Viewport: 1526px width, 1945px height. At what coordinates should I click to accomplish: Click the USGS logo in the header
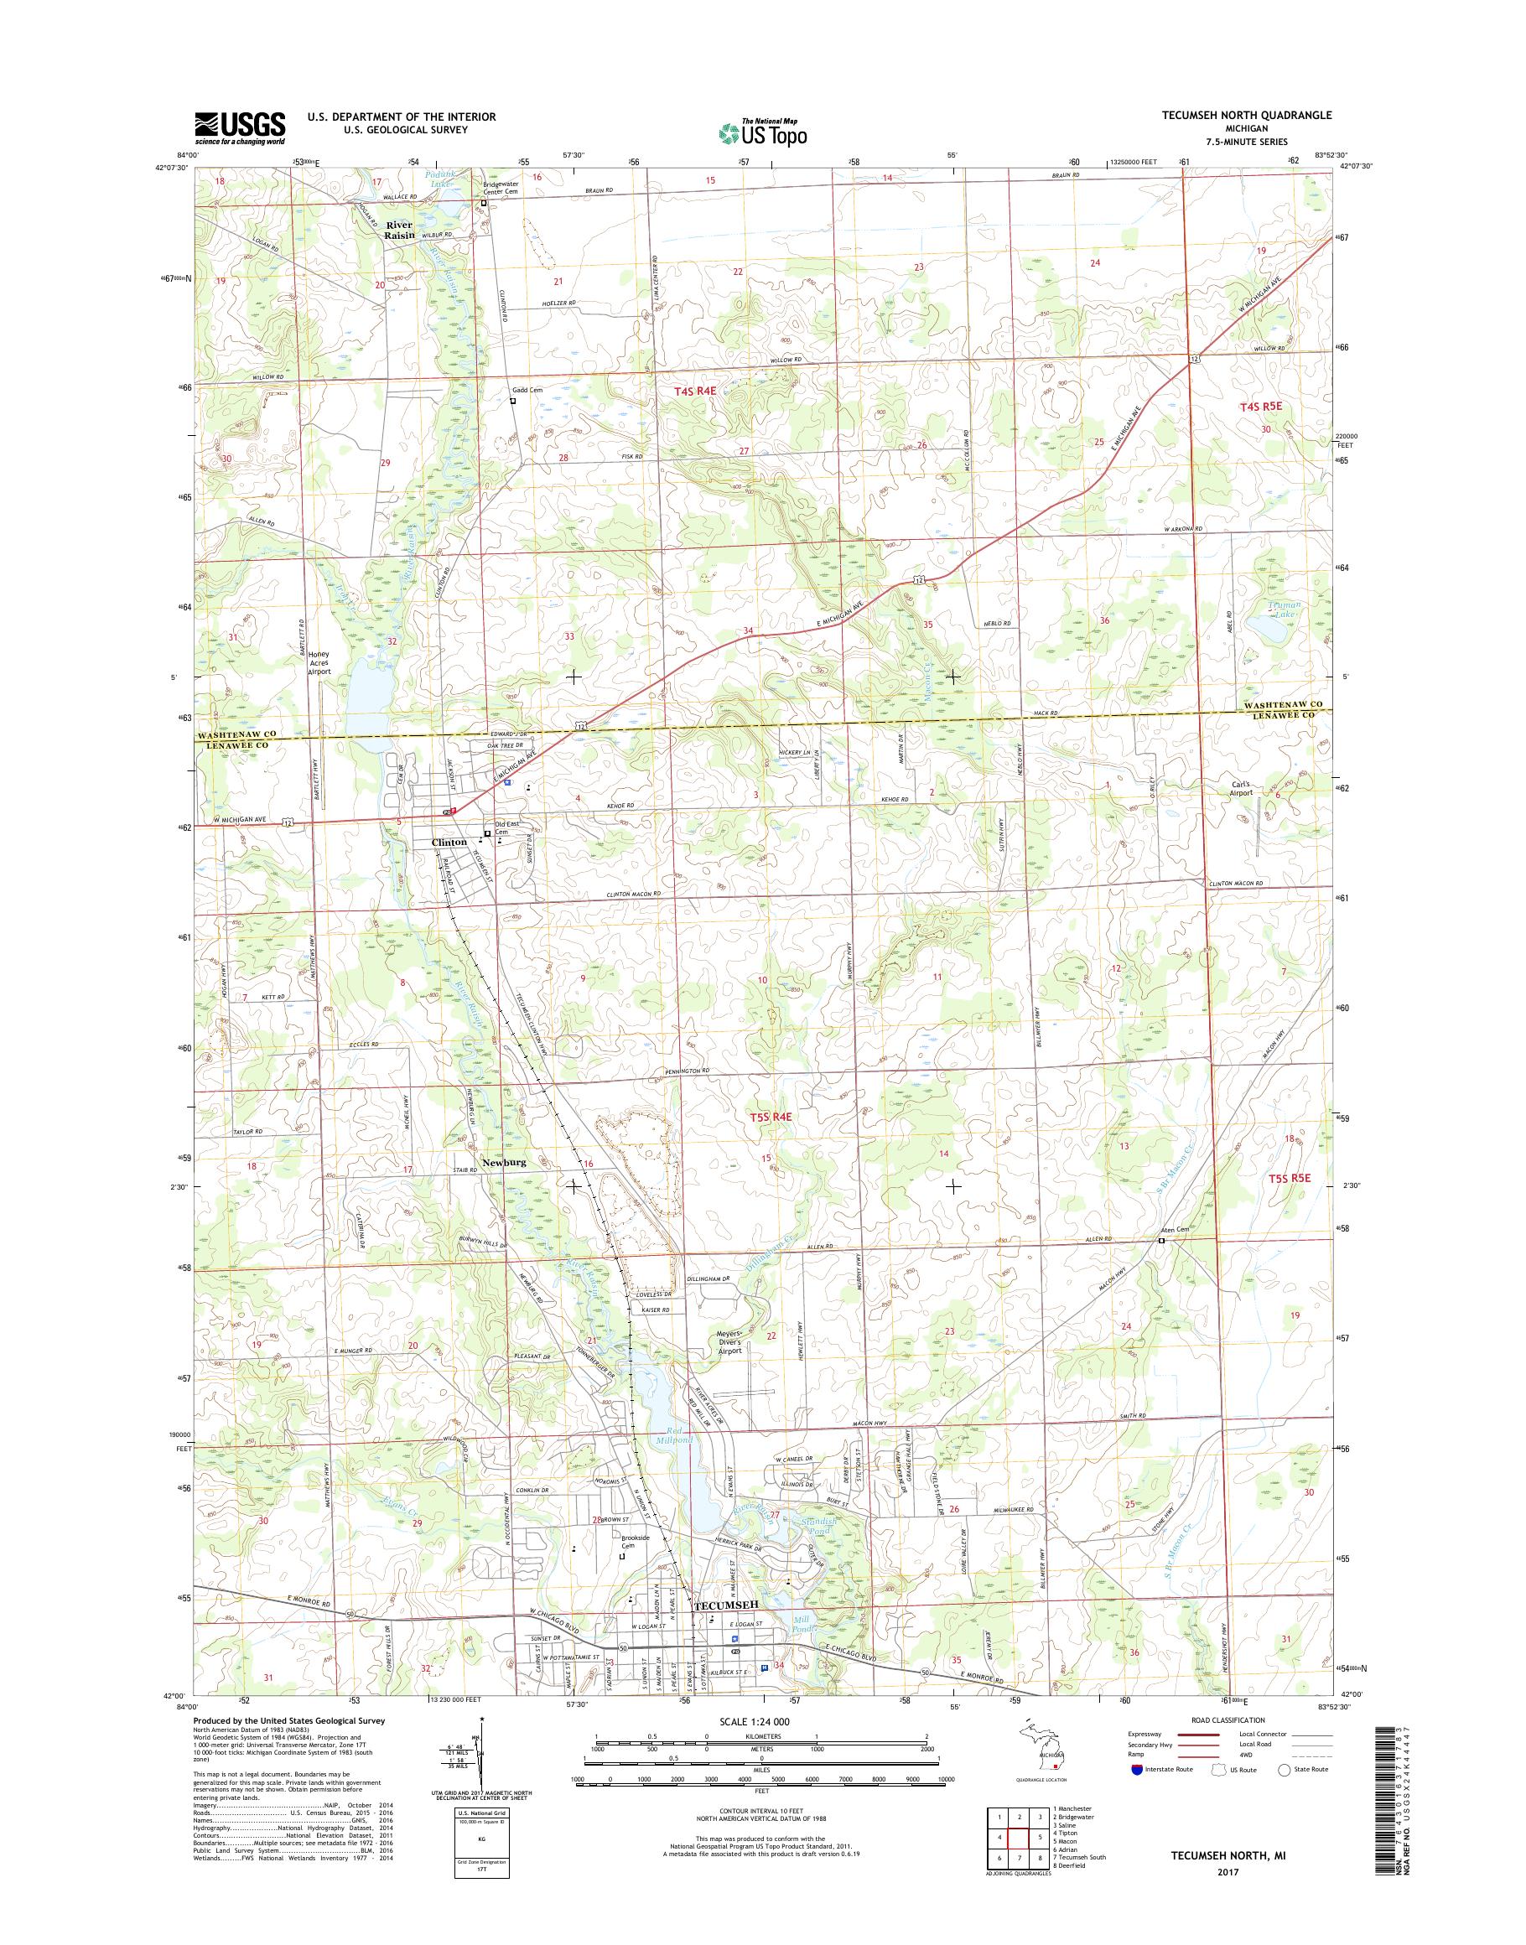click(241, 127)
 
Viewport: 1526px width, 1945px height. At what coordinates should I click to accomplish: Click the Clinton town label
click(449, 843)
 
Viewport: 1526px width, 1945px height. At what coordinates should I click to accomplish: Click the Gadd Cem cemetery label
click(527, 390)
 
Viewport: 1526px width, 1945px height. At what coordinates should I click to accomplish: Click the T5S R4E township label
click(771, 1116)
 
